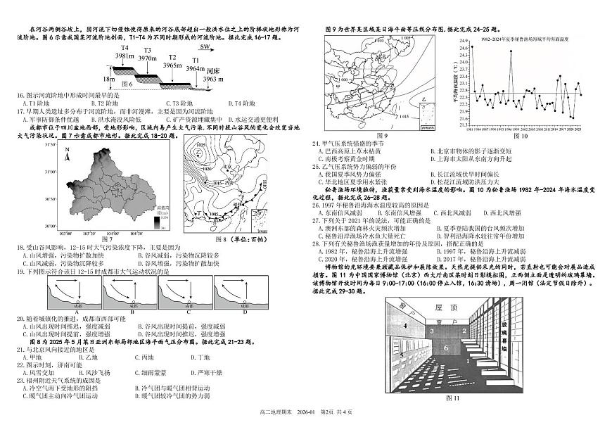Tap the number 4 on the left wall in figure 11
point(405,325)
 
